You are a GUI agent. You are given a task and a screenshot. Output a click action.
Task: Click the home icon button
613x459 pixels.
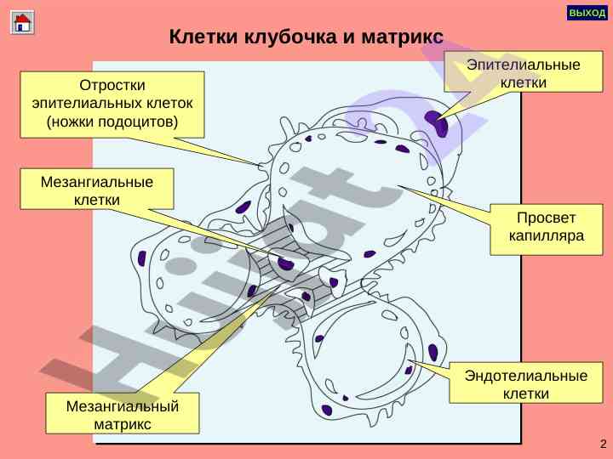tap(22, 22)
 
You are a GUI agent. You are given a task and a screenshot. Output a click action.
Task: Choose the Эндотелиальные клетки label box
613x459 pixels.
tap(525, 383)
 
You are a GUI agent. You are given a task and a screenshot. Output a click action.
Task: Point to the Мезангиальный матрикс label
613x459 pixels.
tap(123, 414)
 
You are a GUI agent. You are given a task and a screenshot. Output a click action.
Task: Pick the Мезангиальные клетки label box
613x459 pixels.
tap(97, 190)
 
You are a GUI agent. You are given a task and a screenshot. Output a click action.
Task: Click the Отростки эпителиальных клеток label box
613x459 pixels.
tap(112, 104)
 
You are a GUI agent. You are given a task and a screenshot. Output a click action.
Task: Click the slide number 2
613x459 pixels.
tap(603, 445)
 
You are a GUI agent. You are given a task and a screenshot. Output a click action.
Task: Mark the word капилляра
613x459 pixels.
tap(546, 236)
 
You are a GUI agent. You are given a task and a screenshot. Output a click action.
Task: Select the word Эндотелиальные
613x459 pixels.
tap(525, 375)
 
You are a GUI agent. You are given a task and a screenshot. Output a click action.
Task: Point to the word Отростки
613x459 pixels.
tap(112, 85)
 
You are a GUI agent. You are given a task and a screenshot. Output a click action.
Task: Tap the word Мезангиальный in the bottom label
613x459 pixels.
tap(123, 405)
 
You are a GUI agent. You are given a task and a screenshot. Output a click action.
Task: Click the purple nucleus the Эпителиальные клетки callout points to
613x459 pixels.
tap(439, 124)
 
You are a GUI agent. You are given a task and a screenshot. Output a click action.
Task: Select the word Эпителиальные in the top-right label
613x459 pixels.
tap(524, 65)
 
